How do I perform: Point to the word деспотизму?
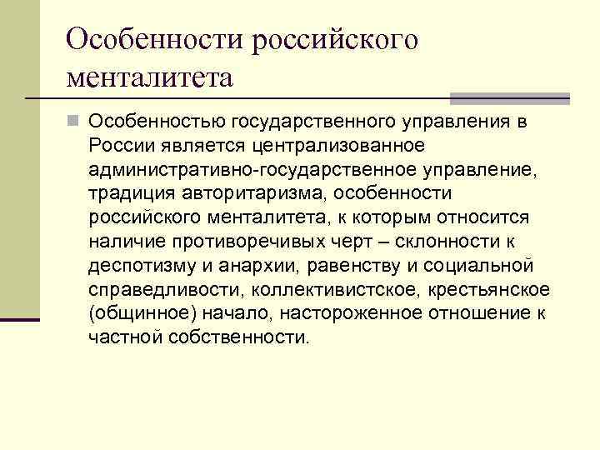click(138, 266)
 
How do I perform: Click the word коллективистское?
click(320, 289)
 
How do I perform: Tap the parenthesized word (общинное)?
click(134, 313)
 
